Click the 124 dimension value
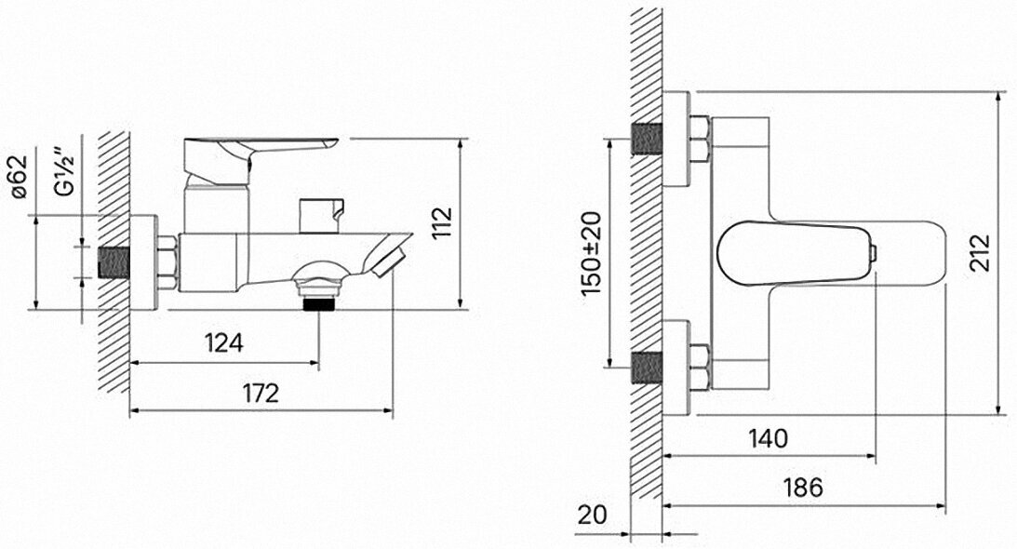pos(223,342)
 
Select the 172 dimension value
pos(261,393)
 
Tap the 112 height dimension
pos(442,222)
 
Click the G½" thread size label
pos(65,172)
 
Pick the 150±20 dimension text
pos(592,254)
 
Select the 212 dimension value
pos(980,252)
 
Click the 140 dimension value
pos(768,438)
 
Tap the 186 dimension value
pos(803,488)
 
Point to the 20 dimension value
pos(592,515)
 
